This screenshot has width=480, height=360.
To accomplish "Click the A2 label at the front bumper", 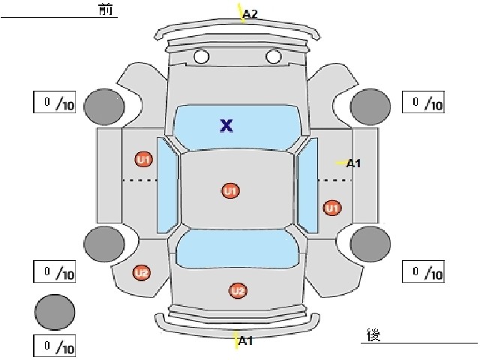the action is [250, 13].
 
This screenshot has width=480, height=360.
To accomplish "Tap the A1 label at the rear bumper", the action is [245, 340].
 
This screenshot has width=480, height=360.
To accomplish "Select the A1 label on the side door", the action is [353, 163].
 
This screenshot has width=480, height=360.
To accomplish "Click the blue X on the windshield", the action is [226, 125].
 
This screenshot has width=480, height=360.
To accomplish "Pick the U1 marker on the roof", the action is [230, 191].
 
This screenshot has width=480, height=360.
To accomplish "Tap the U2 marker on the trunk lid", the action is [238, 290].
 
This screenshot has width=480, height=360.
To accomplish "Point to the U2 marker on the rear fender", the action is [142, 272].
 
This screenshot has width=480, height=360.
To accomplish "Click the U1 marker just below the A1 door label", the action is [332, 208].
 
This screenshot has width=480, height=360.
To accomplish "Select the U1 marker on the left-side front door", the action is [144, 159].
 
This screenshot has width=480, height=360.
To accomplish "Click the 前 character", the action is [106, 9].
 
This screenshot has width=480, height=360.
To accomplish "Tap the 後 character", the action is [373, 334].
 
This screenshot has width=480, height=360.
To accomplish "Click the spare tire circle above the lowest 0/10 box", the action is [55, 312].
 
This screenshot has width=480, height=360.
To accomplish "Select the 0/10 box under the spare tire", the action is [55, 346].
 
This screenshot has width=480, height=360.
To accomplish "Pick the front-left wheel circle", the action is [104, 106].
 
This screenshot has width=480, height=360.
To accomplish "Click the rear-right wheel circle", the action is [370, 244].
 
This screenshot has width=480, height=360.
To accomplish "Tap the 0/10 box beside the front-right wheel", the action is [423, 102].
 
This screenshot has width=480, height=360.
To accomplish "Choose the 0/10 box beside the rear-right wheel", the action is [423, 271].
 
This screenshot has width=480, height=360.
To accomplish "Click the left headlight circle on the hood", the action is [201, 57].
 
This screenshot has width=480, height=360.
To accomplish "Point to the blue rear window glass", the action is [238, 248].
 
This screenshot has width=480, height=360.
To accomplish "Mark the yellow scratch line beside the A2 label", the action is [241, 13].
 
